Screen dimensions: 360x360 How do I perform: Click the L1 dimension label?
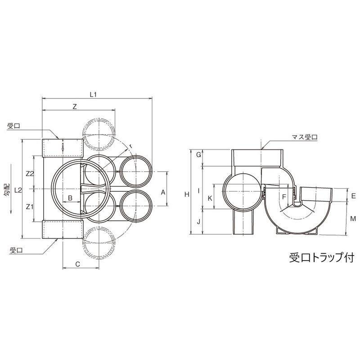pyautogui.click(x=93, y=94)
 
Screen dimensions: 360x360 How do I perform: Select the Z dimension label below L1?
pyautogui.click(x=75, y=107)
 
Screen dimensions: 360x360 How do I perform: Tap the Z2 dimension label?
pyautogui.click(x=30, y=174)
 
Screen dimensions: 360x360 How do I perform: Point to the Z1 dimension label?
pyautogui.click(x=30, y=207)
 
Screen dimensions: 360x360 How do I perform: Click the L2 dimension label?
pyautogui.click(x=18, y=190)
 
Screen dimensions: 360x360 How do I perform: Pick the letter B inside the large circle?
pyautogui.click(x=71, y=198)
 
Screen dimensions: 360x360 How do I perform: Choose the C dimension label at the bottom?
pyautogui.click(x=77, y=264)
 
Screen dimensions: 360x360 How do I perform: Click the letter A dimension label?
pyautogui.click(x=163, y=192)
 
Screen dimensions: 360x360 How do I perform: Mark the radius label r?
pyautogui.click(x=130, y=146)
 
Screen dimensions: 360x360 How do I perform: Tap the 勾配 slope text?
pyautogui.click(x=7, y=190)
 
